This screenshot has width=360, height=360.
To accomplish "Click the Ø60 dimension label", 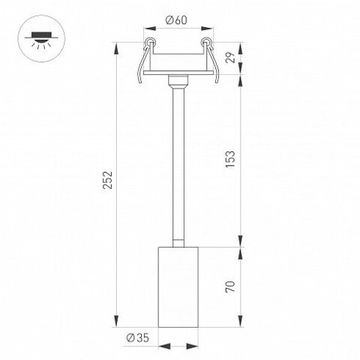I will point(180,19).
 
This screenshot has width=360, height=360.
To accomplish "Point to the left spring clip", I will point(146,58).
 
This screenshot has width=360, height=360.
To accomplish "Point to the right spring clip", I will point(213,58).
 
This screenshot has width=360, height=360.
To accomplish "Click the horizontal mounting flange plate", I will point(180,74).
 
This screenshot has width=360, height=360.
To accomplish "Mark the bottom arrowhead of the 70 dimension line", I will point(237,324).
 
